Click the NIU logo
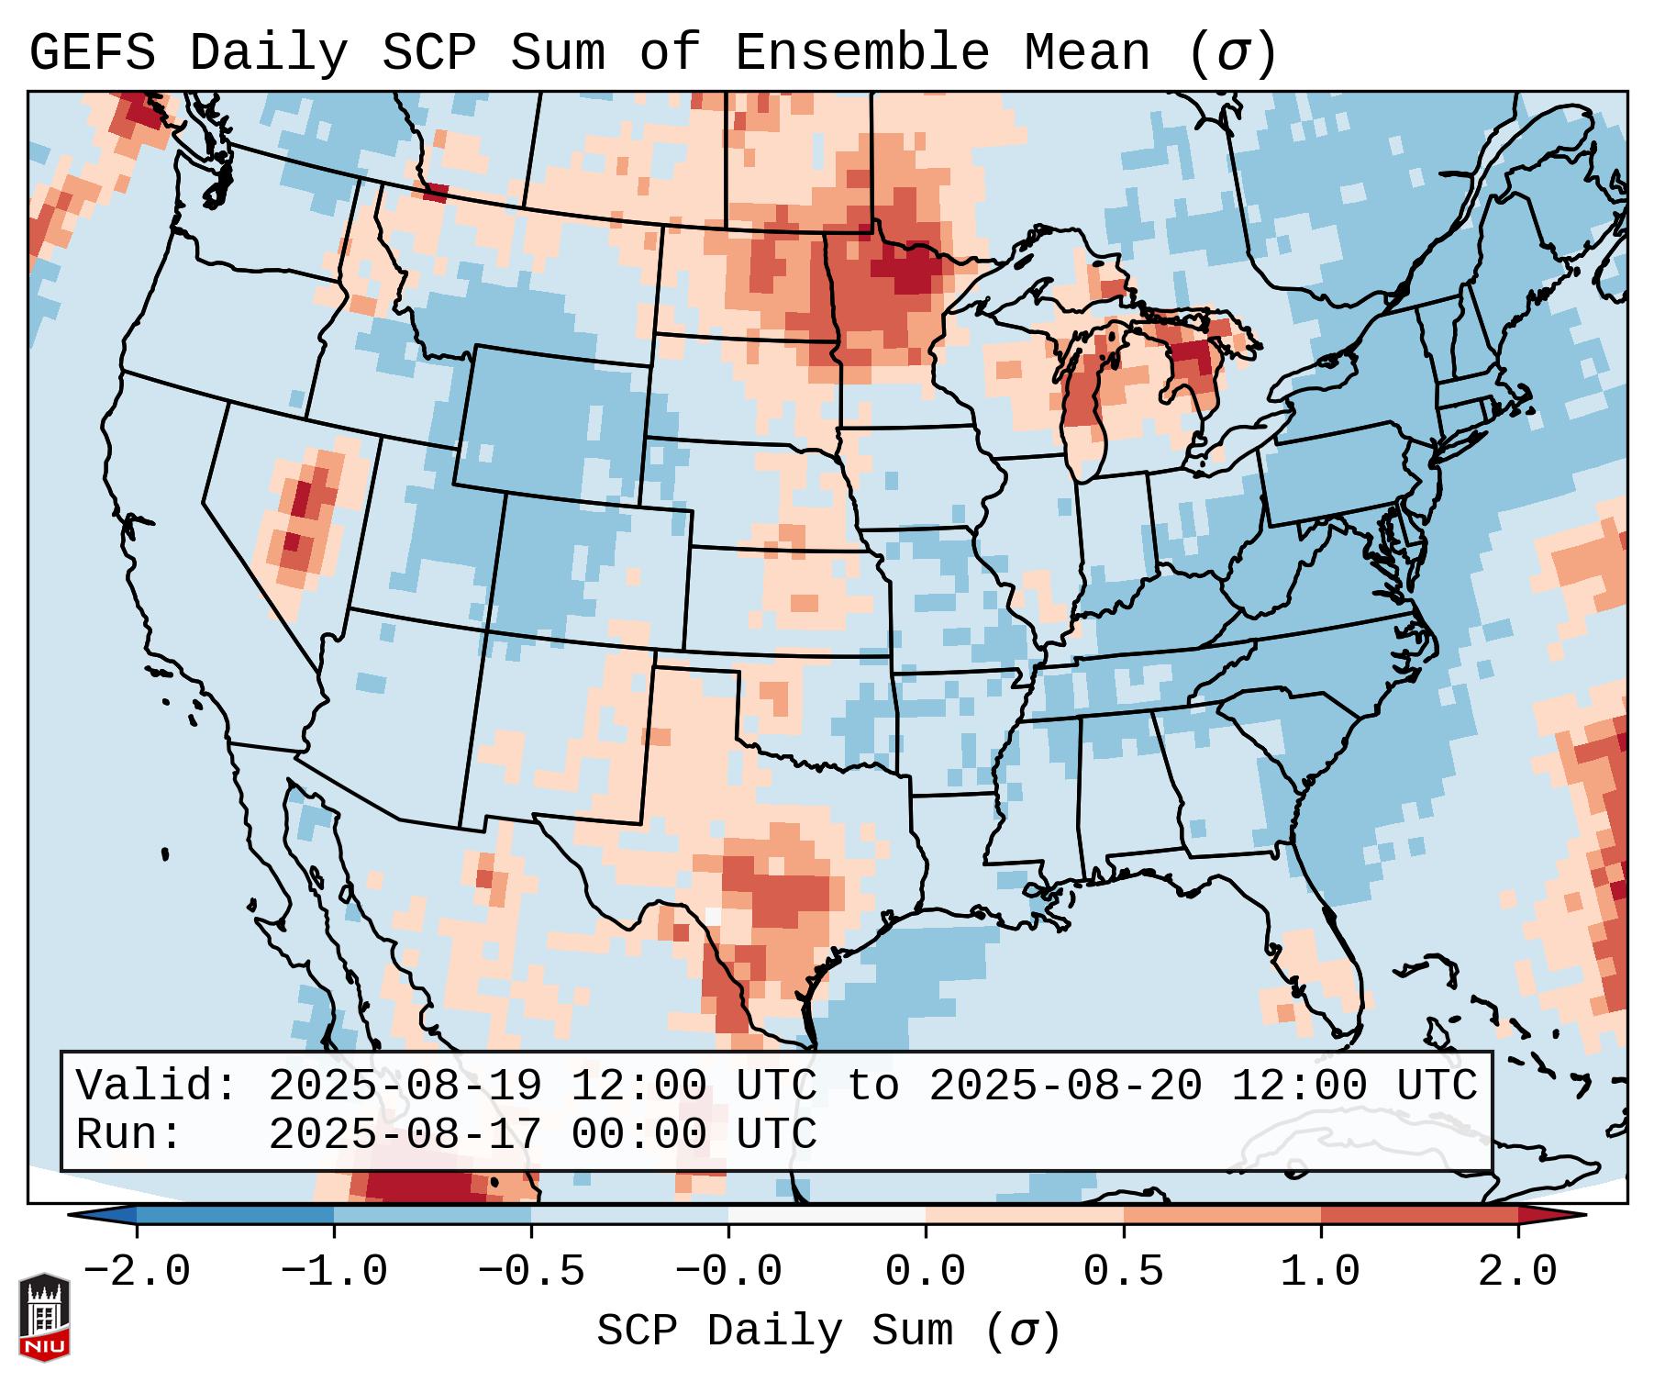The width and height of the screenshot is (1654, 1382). (x=44, y=1317)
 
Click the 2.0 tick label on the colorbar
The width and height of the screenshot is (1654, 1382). (x=1518, y=1272)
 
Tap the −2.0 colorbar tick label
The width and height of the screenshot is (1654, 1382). (x=137, y=1272)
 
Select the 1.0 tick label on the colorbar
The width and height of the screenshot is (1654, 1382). (x=1320, y=1272)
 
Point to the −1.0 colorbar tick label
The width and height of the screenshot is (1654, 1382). (x=334, y=1272)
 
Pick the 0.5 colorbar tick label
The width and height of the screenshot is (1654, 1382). (x=1123, y=1272)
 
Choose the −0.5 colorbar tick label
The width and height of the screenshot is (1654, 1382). (x=531, y=1272)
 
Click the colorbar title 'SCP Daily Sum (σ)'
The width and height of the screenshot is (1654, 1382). (x=827, y=1332)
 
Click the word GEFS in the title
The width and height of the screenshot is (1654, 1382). (x=93, y=53)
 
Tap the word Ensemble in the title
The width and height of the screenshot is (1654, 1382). (x=861, y=53)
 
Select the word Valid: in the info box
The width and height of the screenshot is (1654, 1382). (x=157, y=1086)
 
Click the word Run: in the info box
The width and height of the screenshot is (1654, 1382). (x=129, y=1134)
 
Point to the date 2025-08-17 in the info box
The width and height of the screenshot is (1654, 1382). (x=405, y=1134)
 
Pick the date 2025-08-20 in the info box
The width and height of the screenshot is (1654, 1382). (x=1065, y=1086)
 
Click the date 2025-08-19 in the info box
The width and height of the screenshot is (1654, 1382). (x=405, y=1086)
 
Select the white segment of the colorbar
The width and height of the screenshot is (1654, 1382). (x=827, y=1215)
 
